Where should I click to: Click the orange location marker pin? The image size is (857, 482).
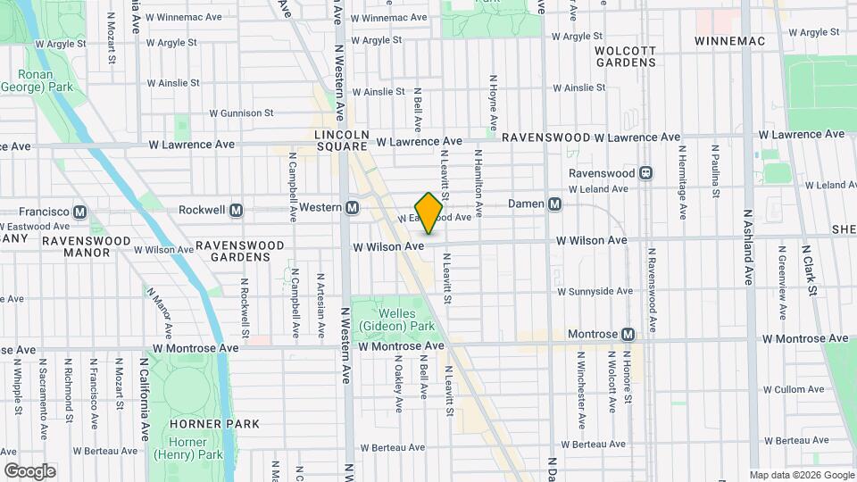click(429, 212)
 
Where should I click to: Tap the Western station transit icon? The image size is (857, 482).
click(353, 207)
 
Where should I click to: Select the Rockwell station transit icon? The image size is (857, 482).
click(237, 211)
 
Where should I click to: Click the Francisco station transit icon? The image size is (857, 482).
click(80, 212)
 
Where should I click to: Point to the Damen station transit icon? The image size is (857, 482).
click(555, 204)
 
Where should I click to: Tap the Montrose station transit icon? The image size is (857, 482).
click(628, 334)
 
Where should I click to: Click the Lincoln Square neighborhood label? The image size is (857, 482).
click(342, 140)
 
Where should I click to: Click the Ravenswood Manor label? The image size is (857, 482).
click(75, 246)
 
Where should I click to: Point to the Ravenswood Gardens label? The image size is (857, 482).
click(239, 250)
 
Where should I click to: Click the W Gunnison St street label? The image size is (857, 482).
click(241, 113)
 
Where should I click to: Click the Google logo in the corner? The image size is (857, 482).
click(29, 471)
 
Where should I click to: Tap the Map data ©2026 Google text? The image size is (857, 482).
click(801, 475)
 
